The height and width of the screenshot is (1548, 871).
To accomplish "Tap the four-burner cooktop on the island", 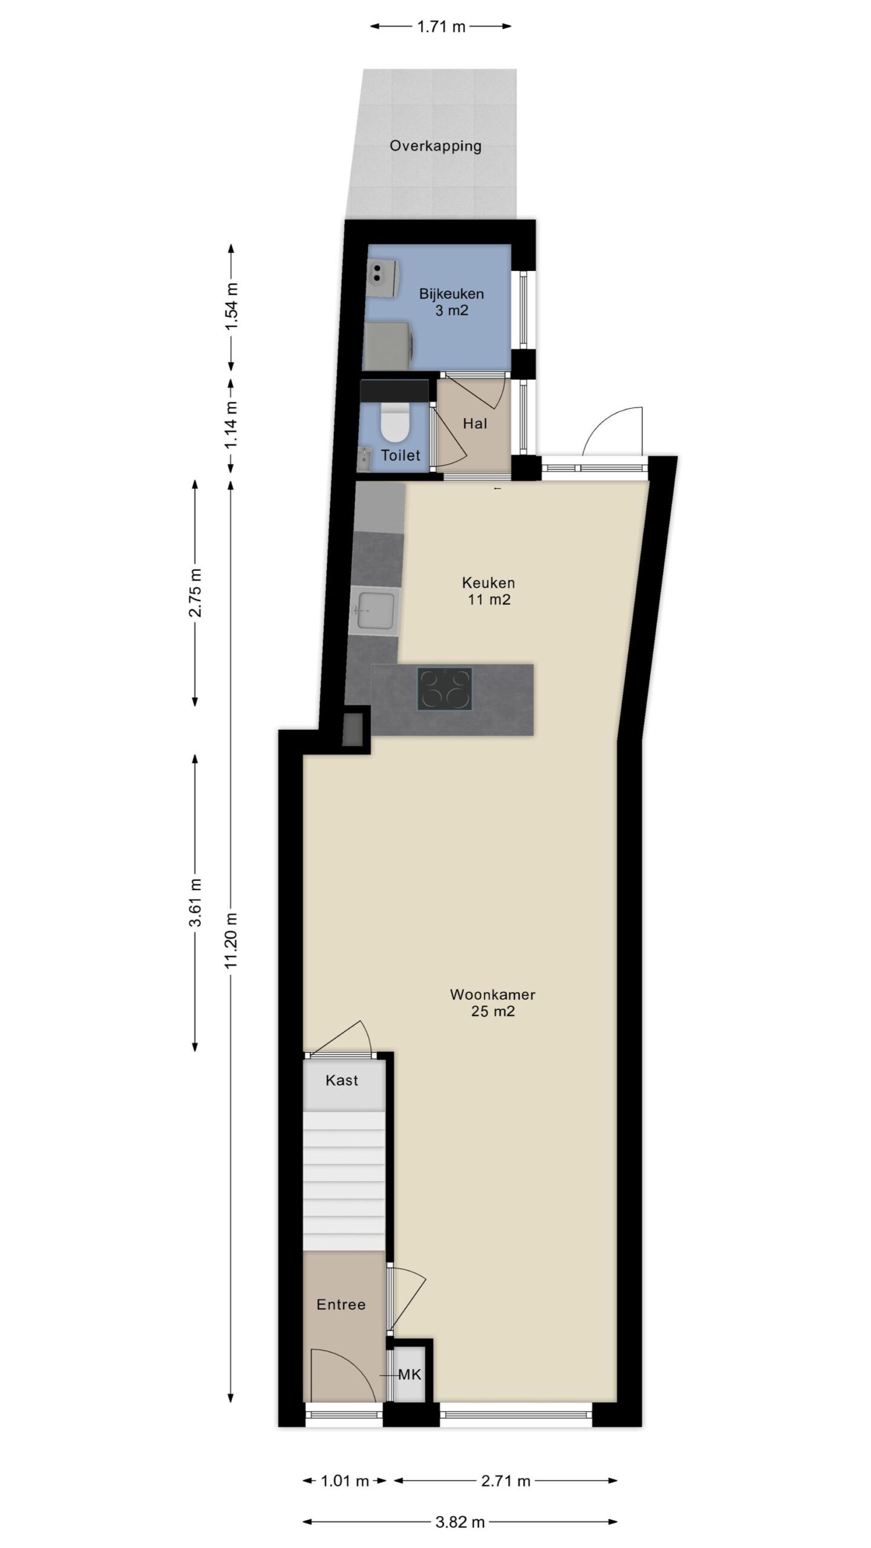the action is [x=445, y=688].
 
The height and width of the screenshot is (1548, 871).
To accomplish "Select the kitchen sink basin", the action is [x=376, y=610].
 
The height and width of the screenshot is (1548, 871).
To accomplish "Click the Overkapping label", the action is [x=435, y=146].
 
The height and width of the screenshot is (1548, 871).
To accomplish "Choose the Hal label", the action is [x=475, y=424].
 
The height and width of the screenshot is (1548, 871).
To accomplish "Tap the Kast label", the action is [x=342, y=1081].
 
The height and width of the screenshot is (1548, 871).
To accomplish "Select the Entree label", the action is [x=341, y=1305].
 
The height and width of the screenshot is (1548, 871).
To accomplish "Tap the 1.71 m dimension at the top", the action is [x=441, y=27].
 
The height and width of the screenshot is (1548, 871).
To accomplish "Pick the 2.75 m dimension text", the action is [x=195, y=593].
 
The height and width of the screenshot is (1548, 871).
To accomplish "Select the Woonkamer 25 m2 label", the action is [x=493, y=1003].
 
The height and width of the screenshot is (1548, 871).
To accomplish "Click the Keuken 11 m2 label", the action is [x=489, y=591].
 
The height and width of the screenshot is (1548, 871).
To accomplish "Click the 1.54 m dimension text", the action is [x=231, y=307].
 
